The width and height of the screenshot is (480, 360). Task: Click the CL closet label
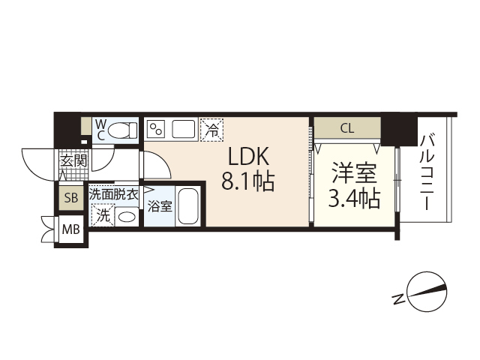point(346,127)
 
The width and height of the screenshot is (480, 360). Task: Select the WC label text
point(100,129)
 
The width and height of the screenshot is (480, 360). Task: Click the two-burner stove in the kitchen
point(157,129)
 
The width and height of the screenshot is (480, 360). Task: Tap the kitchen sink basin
point(184,128)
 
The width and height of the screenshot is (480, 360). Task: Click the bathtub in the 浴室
point(188,205)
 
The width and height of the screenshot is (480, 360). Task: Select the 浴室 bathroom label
point(159,205)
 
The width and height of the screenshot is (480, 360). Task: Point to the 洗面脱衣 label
point(114,193)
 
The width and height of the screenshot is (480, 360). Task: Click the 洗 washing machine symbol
point(102,215)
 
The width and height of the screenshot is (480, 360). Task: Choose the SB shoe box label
point(71,198)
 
